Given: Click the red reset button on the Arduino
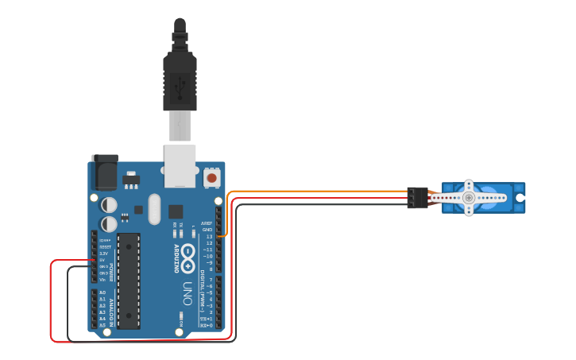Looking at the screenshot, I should (212, 179).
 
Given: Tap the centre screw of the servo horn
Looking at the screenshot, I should (470, 197).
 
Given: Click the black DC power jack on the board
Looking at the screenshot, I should (105, 171).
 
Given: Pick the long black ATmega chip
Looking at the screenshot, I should (129, 281).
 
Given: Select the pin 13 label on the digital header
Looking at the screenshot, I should (209, 236).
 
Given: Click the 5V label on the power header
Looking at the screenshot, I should (102, 260).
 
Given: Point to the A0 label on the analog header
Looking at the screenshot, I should (102, 292).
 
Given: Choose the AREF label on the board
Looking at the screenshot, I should (207, 223).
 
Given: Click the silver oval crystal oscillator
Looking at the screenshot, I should (154, 210).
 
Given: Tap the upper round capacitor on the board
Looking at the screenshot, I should (110, 205).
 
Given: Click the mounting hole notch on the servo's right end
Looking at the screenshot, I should (520, 197).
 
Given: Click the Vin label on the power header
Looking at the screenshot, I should (102, 279).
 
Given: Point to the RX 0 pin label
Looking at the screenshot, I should (207, 325).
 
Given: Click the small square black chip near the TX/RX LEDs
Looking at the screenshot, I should (176, 211).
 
